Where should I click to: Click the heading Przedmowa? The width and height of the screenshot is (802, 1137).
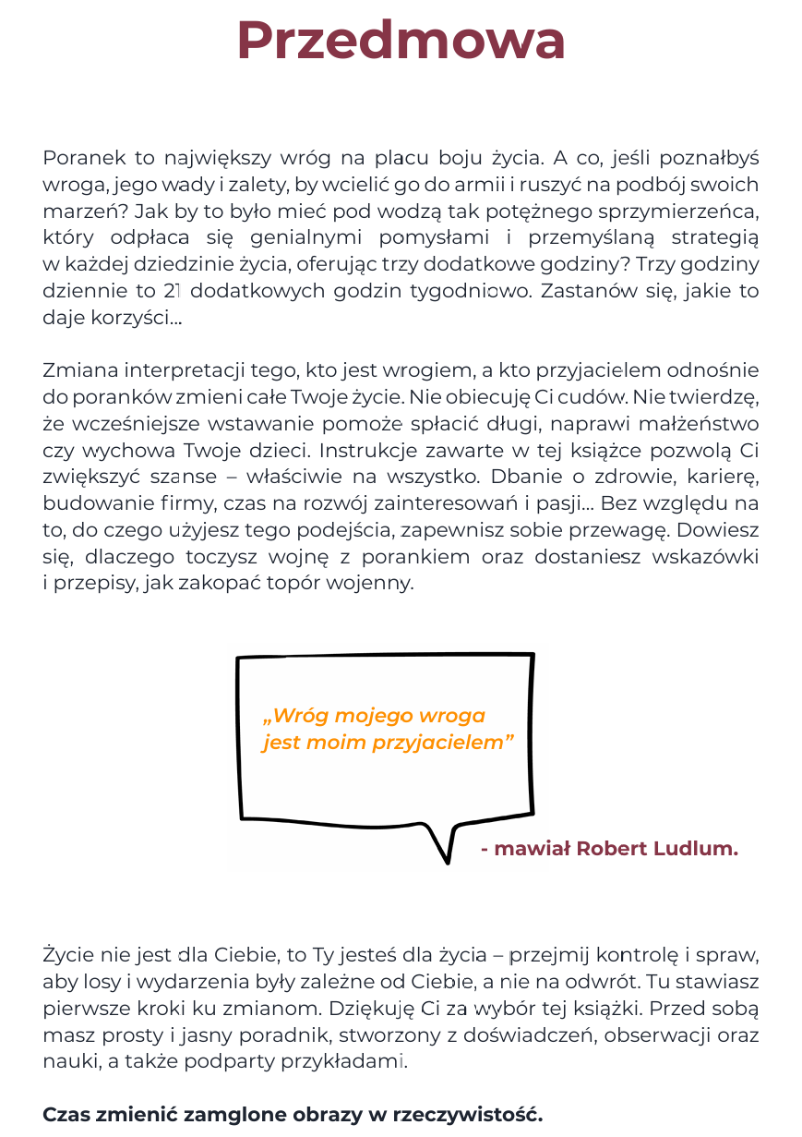401,42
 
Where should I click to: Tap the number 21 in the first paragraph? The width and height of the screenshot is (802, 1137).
171,291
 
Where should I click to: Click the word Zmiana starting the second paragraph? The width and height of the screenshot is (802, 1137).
74,370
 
